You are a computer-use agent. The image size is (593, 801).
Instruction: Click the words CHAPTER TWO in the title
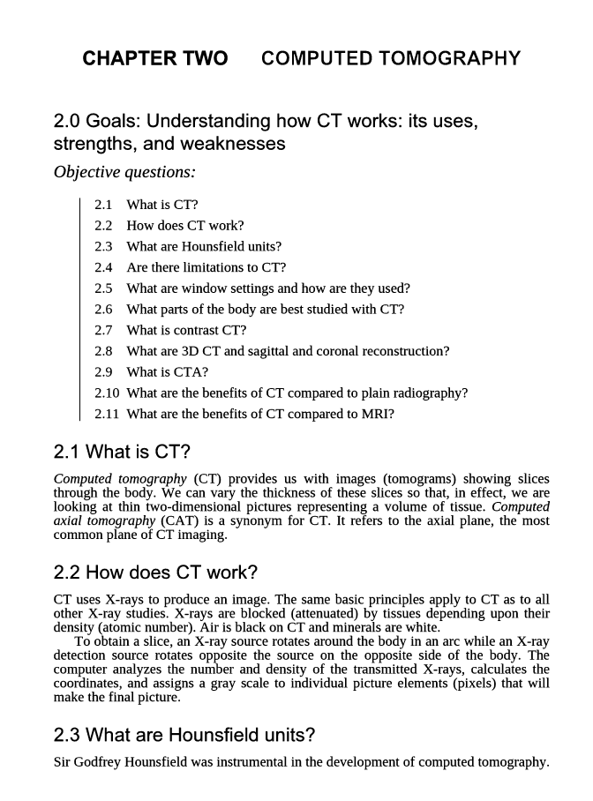click(x=154, y=59)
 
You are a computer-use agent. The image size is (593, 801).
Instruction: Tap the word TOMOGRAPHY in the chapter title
click(x=449, y=59)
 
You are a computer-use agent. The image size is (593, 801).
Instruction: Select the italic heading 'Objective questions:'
click(x=124, y=171)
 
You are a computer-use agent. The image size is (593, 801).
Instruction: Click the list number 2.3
click(x=104, y=246)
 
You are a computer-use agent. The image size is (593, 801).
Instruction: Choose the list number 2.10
click(x=107, y=393)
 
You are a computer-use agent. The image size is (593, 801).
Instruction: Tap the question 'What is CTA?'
click(x=168, y=371)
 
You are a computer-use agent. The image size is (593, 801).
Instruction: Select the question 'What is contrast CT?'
click(x=186, y=330)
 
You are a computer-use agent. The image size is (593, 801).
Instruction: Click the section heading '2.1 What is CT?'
click(x=122, y=453)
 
